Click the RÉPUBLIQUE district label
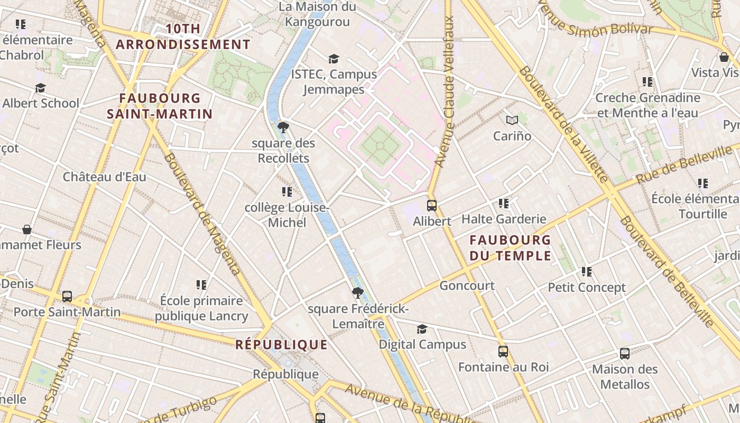pyautogui.click(x=281, y=345)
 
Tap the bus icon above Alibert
pyautogui.click(x=432, y=206)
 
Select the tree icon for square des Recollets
pyautogui.click(x=283, y=127)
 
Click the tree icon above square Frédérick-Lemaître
pyautogui.click(x=358, y=292)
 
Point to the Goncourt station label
pyautogui.click(x=467, y=286)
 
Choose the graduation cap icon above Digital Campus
pyautogui.click(x=422, y=329)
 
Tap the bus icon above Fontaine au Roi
pyautogui.click(x=503, y=351)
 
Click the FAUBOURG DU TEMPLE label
pyautogui.click(x=511, y=248)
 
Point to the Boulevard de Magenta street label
pyautogui.click(x=202, y=214)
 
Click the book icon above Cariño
pyautogui.click(x=512, y=120)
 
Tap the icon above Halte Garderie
pyautogui.click(x=503, y=203)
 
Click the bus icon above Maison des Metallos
pyautogui.click(x=624, y=353)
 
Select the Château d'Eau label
pyautogui.click(x=105, y=177)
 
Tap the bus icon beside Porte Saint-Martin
pyautogui.click(x=67, y=296)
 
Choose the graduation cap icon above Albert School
pyautogui.click(x=41, y=88)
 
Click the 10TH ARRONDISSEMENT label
pyautogui.click(x=183, y=37)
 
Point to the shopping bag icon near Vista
pyautogui.click(x=724, y=57)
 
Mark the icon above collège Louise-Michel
pyautogui.click(x=287, y=191)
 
